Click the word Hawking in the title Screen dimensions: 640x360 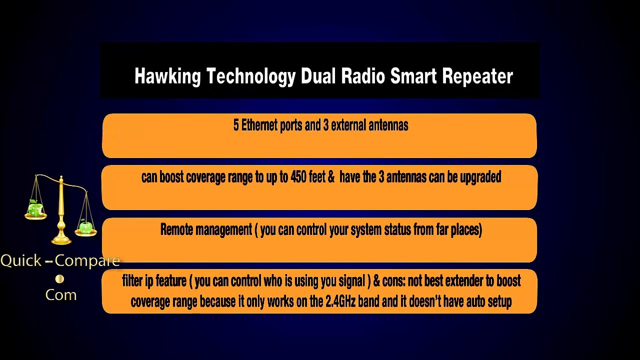pos(167,76)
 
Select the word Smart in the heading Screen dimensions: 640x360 pos(413,76)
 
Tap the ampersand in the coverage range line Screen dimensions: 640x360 pos(331,177)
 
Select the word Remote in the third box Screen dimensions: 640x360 pos(176,229)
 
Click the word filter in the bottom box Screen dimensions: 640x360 pos(132,280)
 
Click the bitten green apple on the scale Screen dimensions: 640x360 pos(35,207)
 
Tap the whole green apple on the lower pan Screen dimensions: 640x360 pos(85,227)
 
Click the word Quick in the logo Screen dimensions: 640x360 pos(21,260)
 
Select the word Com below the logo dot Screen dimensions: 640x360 pos(61,294)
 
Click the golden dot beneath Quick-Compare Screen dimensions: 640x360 pos(59,279)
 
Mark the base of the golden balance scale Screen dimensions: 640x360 pos(61,240)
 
